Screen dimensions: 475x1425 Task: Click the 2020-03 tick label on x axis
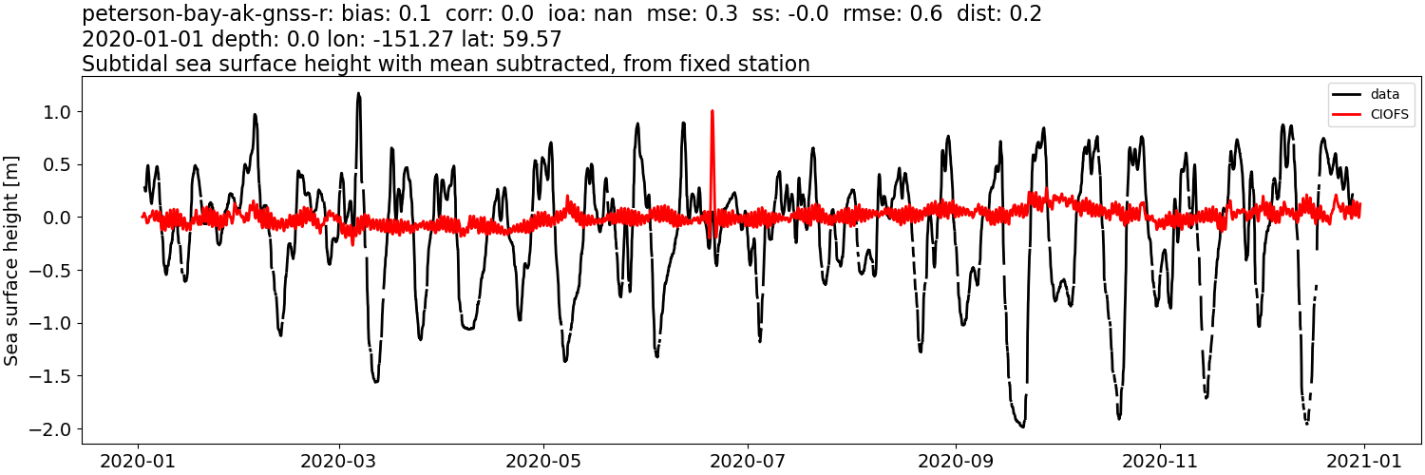coord(338,462)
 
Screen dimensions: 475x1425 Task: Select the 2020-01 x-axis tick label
coord(139,462)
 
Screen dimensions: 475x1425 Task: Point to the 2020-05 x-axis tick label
coord(543,462)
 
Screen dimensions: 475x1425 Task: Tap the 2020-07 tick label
coord(748,462)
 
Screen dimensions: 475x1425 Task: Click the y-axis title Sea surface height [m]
coord(12,260)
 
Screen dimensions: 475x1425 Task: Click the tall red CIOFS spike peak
coord(712,111)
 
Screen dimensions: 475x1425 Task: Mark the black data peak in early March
coord(358,93)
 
